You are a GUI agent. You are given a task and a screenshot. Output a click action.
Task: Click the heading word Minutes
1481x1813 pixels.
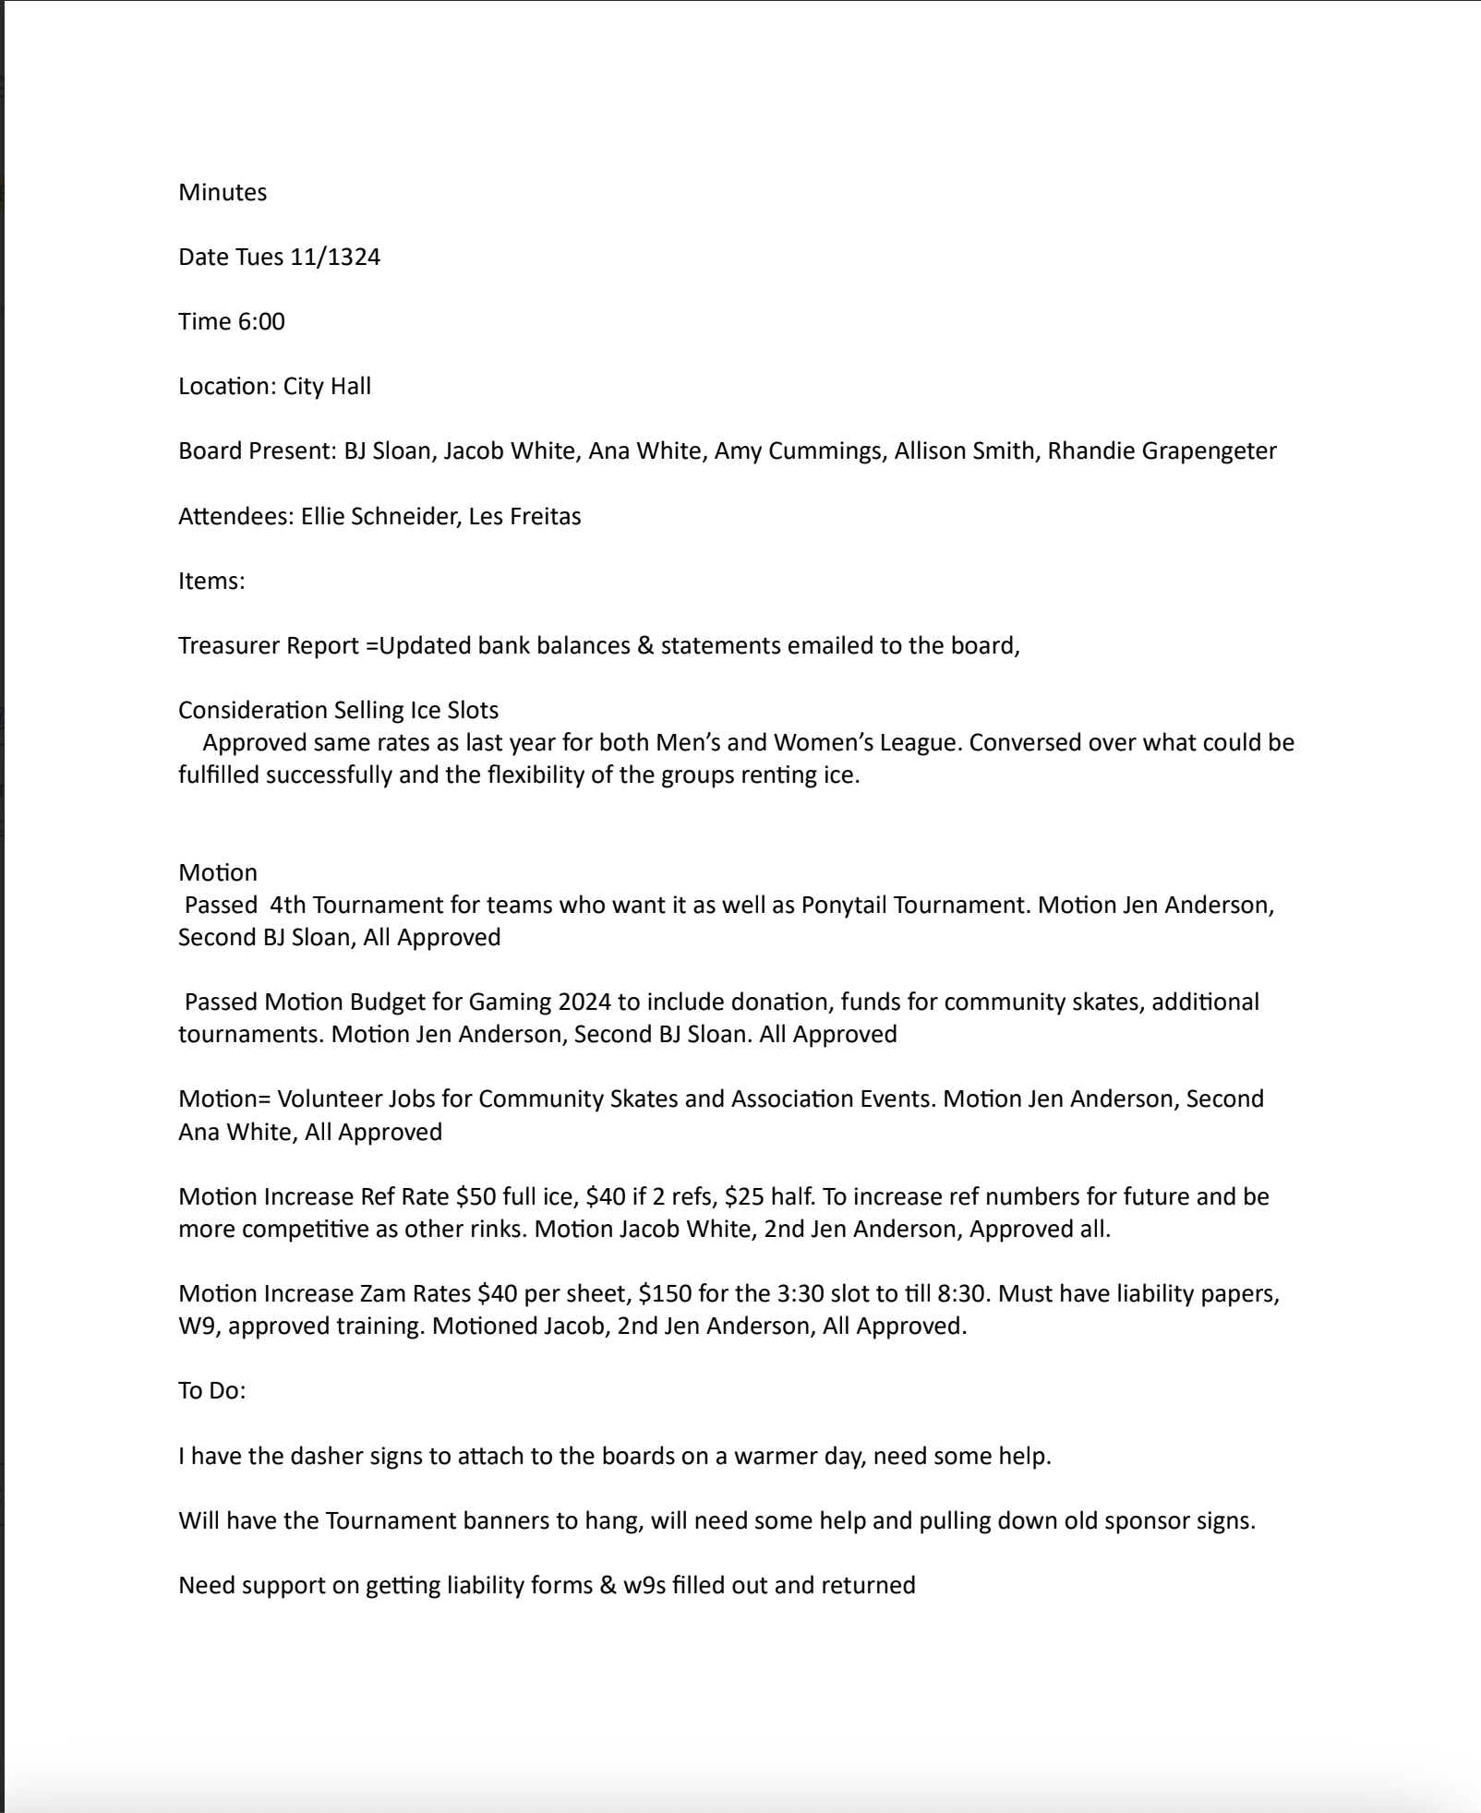[x=223, y=192]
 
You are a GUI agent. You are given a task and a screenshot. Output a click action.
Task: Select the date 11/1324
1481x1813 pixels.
[x=335, y=257]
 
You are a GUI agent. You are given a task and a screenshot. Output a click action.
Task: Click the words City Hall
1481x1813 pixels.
[x=327, y=386]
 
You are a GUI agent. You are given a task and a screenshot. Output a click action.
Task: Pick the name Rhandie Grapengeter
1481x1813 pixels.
[x=1162, y=450]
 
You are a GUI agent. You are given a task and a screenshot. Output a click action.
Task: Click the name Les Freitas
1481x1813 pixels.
[x=524, y=516]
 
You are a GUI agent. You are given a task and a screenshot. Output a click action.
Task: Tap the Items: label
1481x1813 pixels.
[x=211, y=581]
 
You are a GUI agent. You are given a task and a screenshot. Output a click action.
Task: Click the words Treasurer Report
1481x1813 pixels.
[x=269, y=645]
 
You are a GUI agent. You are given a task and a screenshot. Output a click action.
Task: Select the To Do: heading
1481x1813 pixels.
[x=212, y=1390]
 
